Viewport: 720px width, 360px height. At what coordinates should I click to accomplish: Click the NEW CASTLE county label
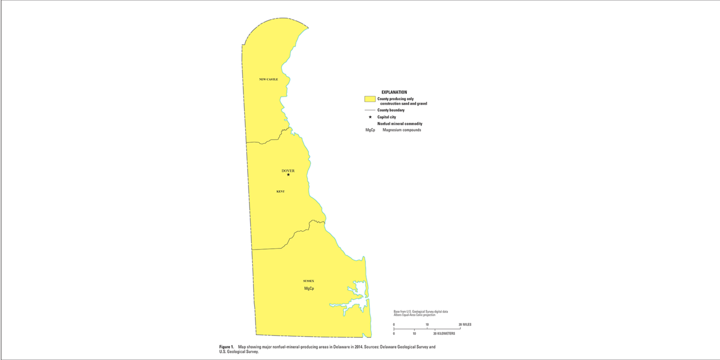[268, 79]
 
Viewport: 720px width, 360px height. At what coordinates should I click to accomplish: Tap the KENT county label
[280, 191]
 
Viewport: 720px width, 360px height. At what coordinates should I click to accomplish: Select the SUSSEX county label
[308, 281]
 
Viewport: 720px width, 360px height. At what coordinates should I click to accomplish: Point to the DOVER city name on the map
[288, 171]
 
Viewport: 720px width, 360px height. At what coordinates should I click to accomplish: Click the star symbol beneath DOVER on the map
[288, 175]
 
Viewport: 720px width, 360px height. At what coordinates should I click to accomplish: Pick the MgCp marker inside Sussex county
[309, 288]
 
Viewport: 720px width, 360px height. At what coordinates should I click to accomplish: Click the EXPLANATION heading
[394, 92]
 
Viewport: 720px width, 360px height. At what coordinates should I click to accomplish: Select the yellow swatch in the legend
[370, 99]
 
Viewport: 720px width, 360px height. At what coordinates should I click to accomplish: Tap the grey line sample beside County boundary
[370, 110]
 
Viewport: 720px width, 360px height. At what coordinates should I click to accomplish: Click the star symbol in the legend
[370, 117]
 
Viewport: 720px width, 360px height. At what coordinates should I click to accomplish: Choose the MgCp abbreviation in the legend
[370, 130]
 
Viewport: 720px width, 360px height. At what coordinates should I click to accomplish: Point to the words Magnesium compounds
[401, 130]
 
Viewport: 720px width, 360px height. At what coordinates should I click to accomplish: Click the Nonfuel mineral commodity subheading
[399, 123]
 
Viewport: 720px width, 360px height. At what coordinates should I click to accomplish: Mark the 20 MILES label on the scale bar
[465, 324]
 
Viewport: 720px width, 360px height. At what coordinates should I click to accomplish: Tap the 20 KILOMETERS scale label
[444, 334]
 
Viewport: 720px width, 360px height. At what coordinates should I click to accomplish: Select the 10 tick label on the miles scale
[427, 324]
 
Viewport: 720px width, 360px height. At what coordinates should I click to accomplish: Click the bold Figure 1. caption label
[226, 347]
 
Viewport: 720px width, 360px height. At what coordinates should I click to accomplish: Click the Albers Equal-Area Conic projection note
[414, 315]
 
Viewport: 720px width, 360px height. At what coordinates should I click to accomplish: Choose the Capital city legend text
[386, 117]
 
